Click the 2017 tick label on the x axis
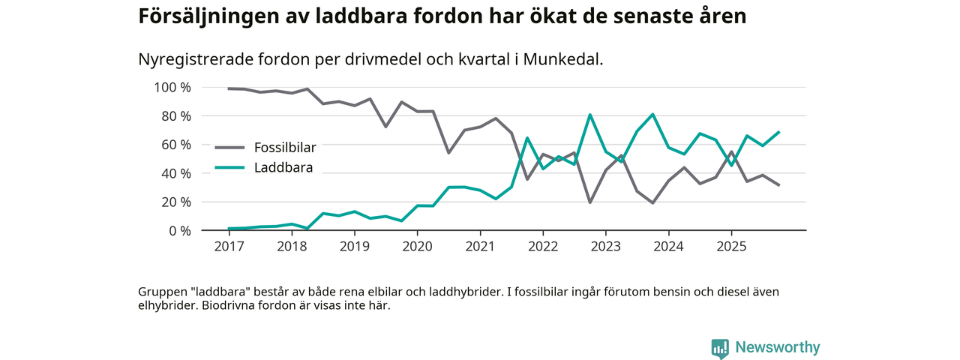coord(229,246)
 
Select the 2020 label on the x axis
coord(418,246)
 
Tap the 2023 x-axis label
coord(605,246)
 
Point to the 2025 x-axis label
coord(731,246)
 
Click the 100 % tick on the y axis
coord(172,88)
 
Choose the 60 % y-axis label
coord(175,145)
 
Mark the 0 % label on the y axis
coord(178,231)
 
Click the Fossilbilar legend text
coord(285,148)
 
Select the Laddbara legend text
coord(283,167)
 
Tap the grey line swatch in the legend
coord(230,148)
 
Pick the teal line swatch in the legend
coord(230,167)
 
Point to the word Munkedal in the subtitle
coord(565,59)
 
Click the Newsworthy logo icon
coord(720,348)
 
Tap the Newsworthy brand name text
coord(777,347)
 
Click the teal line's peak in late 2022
coord(590,115)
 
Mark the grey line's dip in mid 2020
coord(448,153)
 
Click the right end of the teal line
coord(779,132)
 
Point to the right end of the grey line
coord(779,185)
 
